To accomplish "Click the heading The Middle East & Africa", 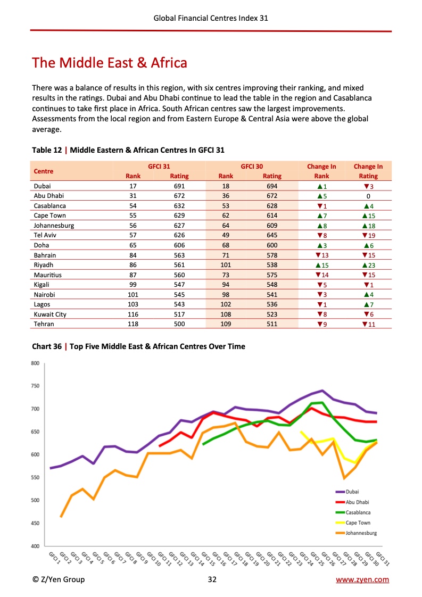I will click(110, 63).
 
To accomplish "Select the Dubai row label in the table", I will click(42, 186).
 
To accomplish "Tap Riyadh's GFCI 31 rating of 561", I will click(179, 265).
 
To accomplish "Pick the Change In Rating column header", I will click(368, 171).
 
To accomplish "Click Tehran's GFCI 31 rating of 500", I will click(179, 324).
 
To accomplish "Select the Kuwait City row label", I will click(50, 314).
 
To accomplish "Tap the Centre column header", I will click(44, 171).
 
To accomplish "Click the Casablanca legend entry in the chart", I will click(358, 512).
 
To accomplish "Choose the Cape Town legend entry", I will click(358, 523).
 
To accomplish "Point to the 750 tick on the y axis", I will click(35, 386).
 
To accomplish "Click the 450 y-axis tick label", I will click(35, 524).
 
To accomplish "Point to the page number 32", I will click(212, 579).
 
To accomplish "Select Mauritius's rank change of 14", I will click(321, 275).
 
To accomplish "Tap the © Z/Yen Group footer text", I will click(58, 579).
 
